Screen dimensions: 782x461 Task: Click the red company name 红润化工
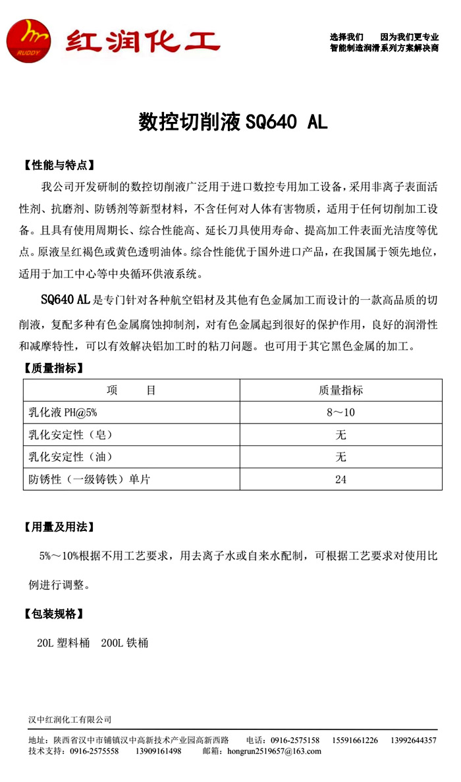tap(142, 42)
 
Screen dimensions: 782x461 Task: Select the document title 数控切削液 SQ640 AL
tap(232, 123)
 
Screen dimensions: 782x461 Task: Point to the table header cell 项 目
tap(131, 391)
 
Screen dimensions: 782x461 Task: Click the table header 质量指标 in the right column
tap(340, 391)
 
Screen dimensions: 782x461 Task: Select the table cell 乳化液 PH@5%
tap(63, 412)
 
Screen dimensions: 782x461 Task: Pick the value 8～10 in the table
tap(340, 412)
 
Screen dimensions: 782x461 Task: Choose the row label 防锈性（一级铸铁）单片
tap(90, 479)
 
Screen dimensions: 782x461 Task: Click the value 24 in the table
tap(340, 479)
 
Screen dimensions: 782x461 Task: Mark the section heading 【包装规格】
tap(53, 613)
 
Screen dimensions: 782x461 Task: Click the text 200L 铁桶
tap(125, 642)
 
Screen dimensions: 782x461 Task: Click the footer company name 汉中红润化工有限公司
tap(70, 719)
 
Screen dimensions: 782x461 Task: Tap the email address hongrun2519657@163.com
tap(274, 751)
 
